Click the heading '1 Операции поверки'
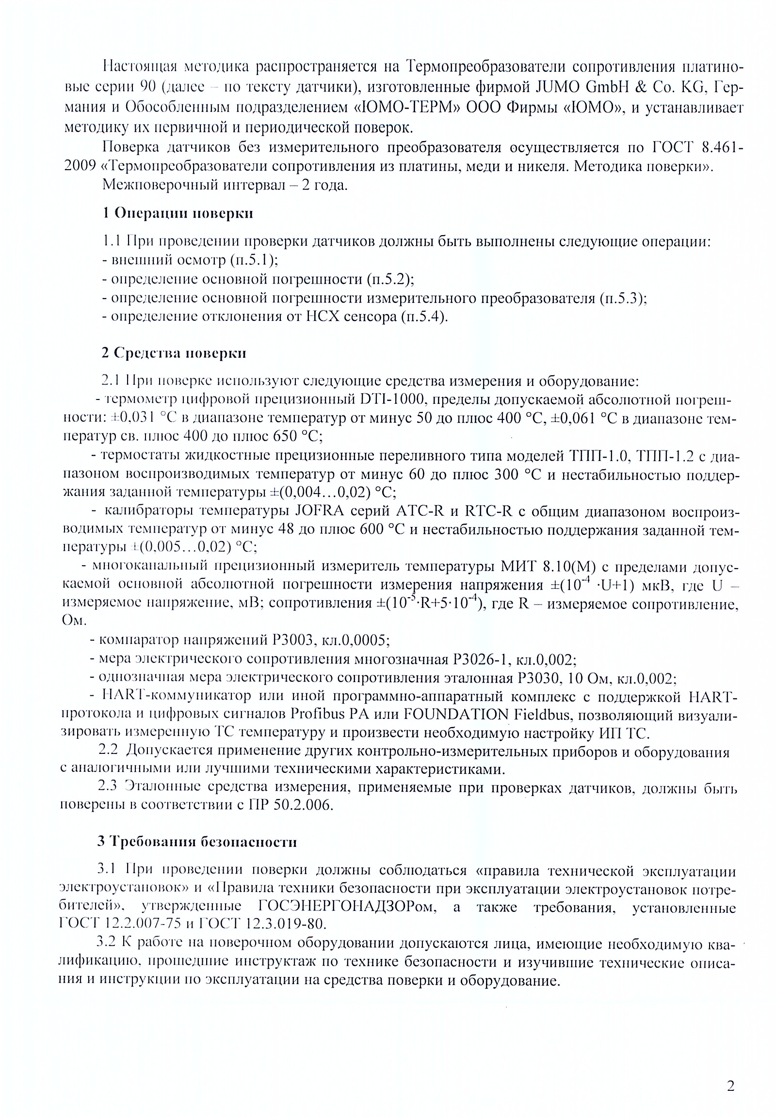click(x=178, y=213)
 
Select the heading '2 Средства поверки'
click(x=174, y=353)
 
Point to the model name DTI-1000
click(x=394, y=399)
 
